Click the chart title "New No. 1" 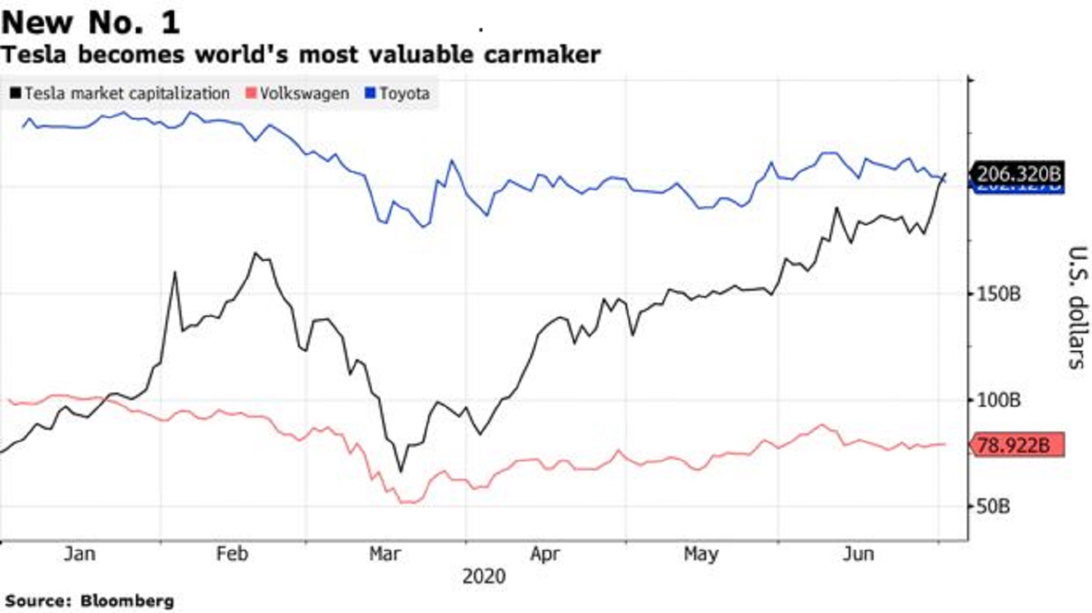tap(91, 23)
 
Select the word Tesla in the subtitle tap(33, 55)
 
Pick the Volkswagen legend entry tap(298, 93)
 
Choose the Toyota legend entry tap(398, 93)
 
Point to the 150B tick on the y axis tap(998, 294)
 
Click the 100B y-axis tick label tap(998, 401)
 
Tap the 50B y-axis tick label tap(993, 506)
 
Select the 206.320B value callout tap(1019, 174)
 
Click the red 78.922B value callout tap(1017, 445)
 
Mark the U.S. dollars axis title tap(1076, 307)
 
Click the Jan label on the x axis tap(79, 554)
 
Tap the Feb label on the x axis tap(232, 554)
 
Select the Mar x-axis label tap(385, 554)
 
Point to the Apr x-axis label tap(545, 554)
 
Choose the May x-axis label tap(701, 554)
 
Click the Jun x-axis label tap(858, 554)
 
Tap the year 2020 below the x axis tap(484, 576)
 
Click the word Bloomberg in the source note tap(127, 601)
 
